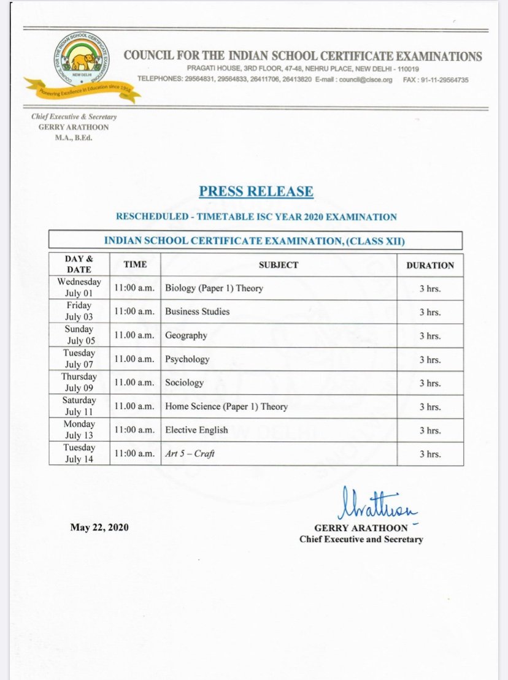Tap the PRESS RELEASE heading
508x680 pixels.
(x=256, y=191)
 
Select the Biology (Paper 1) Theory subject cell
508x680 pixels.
(x=214, y=288)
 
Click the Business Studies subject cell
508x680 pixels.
(x=197, y=311)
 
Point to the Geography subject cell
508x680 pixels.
(x=186, y=335)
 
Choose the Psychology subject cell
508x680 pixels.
(x=187, y=359)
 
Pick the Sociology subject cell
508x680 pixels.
(x=184, y=383)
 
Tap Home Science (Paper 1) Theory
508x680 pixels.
(x=226, y=407)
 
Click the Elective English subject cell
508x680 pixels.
(x=196, y=430)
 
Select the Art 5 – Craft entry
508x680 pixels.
(x=190, y=454)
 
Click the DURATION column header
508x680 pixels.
(x=430, y=266)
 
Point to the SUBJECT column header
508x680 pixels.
(x=278, y=265)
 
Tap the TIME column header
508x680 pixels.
(x=135, y=265)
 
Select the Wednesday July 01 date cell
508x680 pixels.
(x=79, y=288)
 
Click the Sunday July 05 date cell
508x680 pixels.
(x=79, y=335)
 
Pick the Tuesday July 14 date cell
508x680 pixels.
(x=79, y=454)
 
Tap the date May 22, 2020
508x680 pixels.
(x=99, y=527)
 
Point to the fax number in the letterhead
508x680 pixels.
(x=436, y=80)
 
